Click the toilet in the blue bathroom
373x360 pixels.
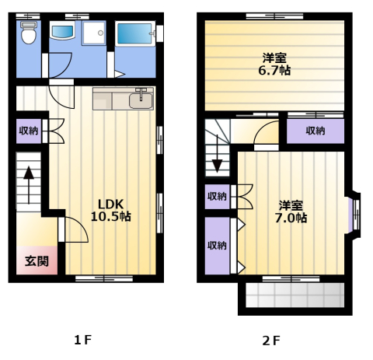pyautogui.click(x=29, y=33)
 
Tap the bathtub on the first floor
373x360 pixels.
pyautogui.click(x=134, y=34)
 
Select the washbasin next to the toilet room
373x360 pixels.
pyautogui.click(x=62, y=30)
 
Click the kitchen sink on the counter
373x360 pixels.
pyautogui.click(x=141, y=100)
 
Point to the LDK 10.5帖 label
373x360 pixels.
pyautogui.click(x=111, y=210)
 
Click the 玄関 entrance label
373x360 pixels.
pyautogui.click(x=37, y=261)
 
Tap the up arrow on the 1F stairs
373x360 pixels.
pyautogui.click(x=29, y=185)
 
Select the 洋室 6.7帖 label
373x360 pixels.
pyautogui.click(x=274, y=64)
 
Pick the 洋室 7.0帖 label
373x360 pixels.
pyautogui.click(x=291, y=211)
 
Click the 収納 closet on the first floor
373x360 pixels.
pyautogui.click(x=29, y=131)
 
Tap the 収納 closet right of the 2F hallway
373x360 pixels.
pyautogui.click(x=315, y=131)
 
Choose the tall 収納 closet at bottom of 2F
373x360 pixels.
pyautogui.click(x=217, y=246)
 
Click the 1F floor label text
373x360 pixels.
pyautogui.click(x=83, y=340)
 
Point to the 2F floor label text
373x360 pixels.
pyautogui.click(x=271, y=341)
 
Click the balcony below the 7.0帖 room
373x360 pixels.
pyautogui.click(x=295, y=295)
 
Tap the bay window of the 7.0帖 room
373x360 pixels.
pyautogui.click(x=354, y=213)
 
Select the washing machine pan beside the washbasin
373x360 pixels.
pyautogui.click(x=94, y=33)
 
